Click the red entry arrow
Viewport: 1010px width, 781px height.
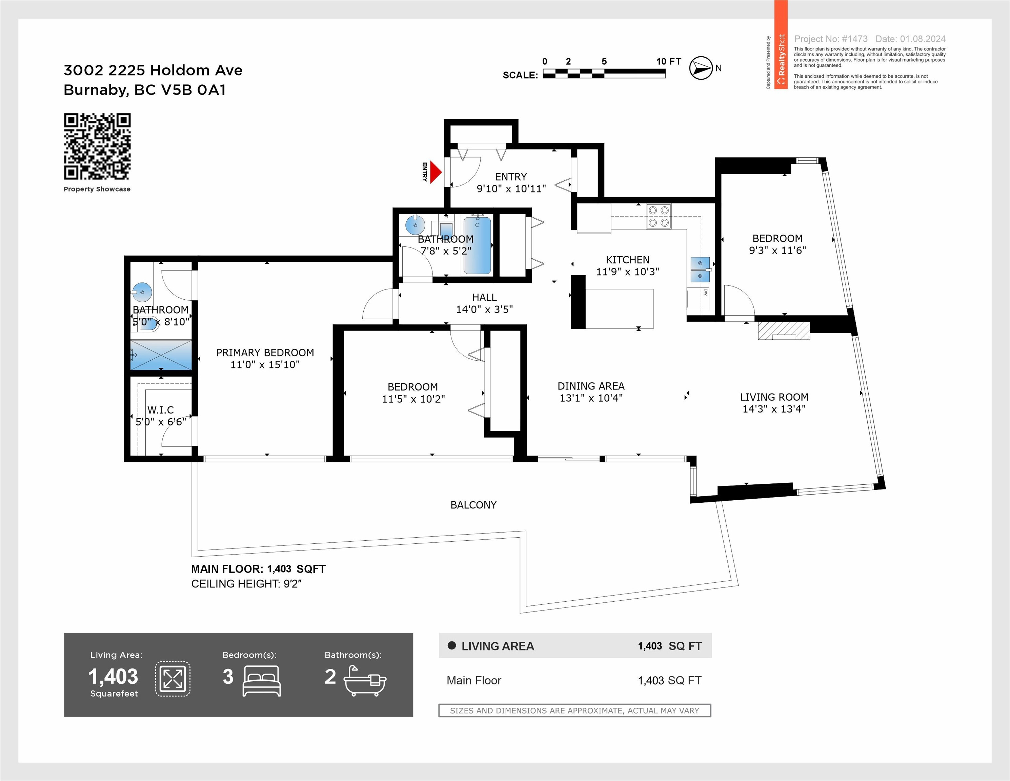436,172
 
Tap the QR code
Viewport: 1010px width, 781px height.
97,146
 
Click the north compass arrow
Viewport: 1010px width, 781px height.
701,68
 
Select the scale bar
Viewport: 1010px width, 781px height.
604,73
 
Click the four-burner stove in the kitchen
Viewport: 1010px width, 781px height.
659,216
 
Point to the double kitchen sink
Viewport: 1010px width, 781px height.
700,269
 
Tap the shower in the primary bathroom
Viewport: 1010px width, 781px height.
161,355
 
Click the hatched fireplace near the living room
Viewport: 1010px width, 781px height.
784,331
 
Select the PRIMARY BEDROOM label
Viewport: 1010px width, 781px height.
265,352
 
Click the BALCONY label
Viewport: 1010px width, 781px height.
473,505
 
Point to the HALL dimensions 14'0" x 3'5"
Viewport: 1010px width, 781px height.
484,309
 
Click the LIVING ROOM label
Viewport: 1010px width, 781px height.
774,397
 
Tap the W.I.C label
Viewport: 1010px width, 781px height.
160,410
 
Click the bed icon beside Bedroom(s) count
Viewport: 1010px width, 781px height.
262,681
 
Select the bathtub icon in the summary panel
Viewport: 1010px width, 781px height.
365,681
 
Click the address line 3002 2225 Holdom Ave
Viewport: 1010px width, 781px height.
153,70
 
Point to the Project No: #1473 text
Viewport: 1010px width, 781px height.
831,39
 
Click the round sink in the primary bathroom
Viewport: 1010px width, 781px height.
142,292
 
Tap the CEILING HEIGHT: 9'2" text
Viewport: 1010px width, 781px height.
246,584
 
